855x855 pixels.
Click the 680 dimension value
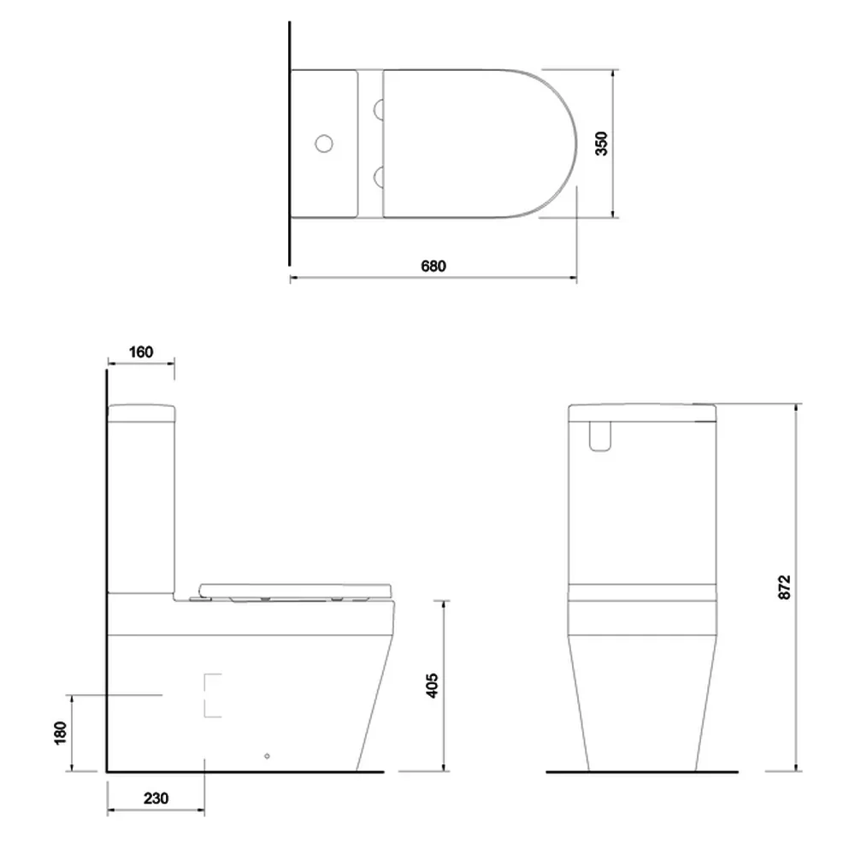(x=433, y=266)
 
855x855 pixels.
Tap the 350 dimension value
(x=601, y=144)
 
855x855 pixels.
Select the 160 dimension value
(x=141, y=352)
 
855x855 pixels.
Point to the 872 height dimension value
(x=784, y=587)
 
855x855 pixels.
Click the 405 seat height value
(x=432, y=686)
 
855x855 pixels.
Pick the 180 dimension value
(x=60, y=733)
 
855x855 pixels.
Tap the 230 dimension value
(x=156, y=799)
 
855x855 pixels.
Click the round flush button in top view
(x=324, y=144)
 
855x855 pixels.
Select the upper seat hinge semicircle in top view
(x=379, y=109)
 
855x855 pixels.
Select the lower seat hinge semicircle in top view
(x=379, y=177)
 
